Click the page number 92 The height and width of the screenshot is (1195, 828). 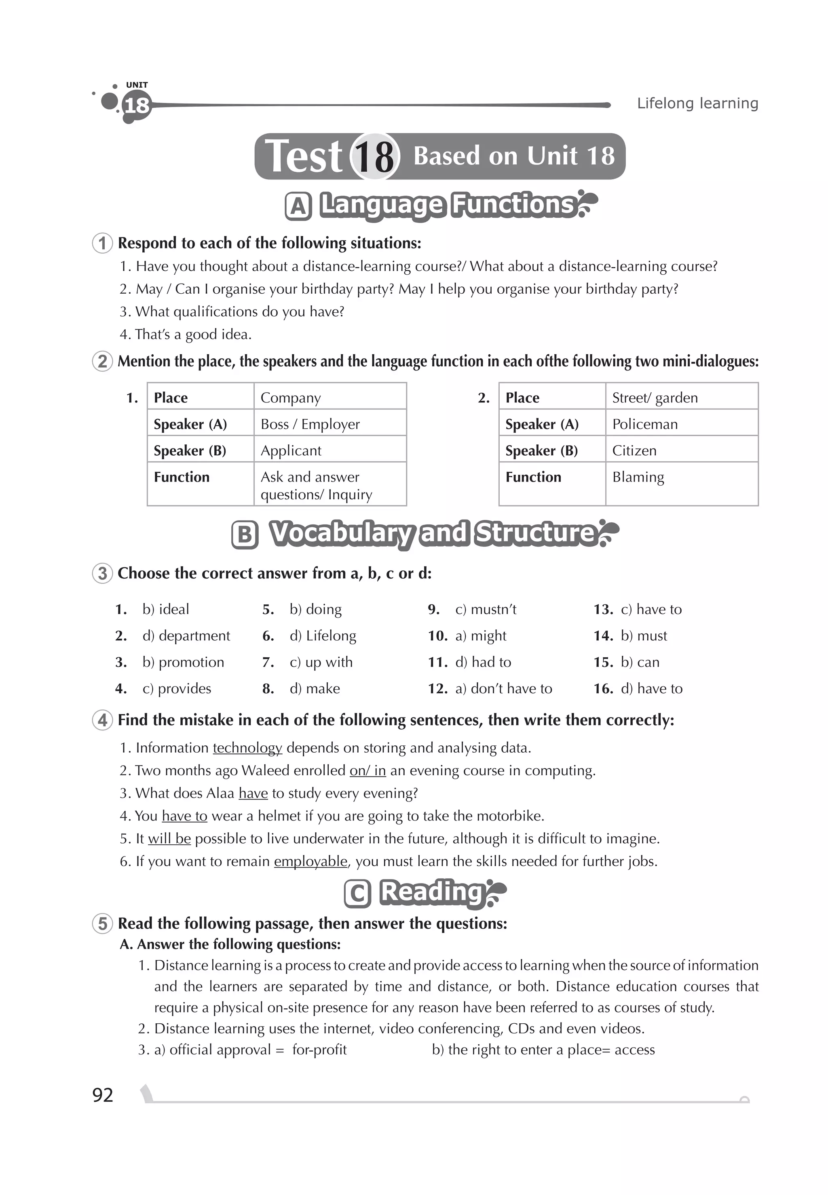(102, 1094)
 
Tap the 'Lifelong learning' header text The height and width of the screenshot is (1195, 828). (697, 103)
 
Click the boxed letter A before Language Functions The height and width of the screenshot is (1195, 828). (298, 206)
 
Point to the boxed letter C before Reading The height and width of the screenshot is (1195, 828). (357, 894)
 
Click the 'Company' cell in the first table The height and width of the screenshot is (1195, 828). (291, 398)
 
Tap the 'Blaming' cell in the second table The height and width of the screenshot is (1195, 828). (638, 477)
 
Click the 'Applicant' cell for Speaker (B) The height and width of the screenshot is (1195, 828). (291, 450)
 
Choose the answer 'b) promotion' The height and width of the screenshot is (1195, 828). (183, 662)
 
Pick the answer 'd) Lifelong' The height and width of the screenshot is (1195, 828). (323, 635)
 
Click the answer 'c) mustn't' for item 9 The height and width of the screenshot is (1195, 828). (486, 609)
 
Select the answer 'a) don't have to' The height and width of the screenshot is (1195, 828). (503, 688)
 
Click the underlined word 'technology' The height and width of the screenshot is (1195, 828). (247, 748)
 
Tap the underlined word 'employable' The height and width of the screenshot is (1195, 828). (310, 861)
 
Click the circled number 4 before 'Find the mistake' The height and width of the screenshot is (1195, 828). (103, 720)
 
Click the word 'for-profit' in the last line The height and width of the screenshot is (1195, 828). (319, 1050)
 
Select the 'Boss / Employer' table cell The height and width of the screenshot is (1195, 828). (310, 424)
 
